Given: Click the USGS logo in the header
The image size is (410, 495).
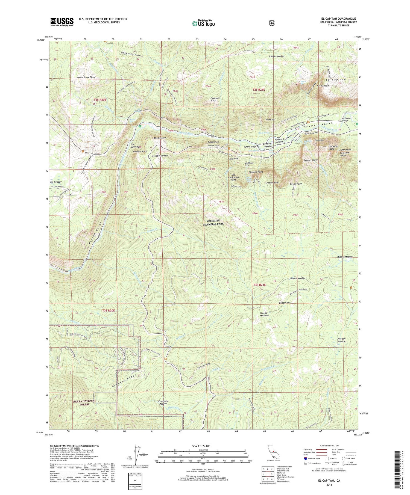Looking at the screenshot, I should pos(62,22).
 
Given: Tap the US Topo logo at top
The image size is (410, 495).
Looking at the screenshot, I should pos(203,23).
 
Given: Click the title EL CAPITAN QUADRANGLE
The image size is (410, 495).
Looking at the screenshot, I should pos(339,19).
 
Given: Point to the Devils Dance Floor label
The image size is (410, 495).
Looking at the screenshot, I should pos(86,77).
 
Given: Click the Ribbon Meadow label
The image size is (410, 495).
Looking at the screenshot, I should pos(276,56).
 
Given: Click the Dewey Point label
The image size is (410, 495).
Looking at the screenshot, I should pos(296,184).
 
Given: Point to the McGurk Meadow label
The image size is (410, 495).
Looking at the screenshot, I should pos(345,257).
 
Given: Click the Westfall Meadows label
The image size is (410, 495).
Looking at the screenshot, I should pos(342,340).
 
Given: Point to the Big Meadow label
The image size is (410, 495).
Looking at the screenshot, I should pos(56,182).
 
